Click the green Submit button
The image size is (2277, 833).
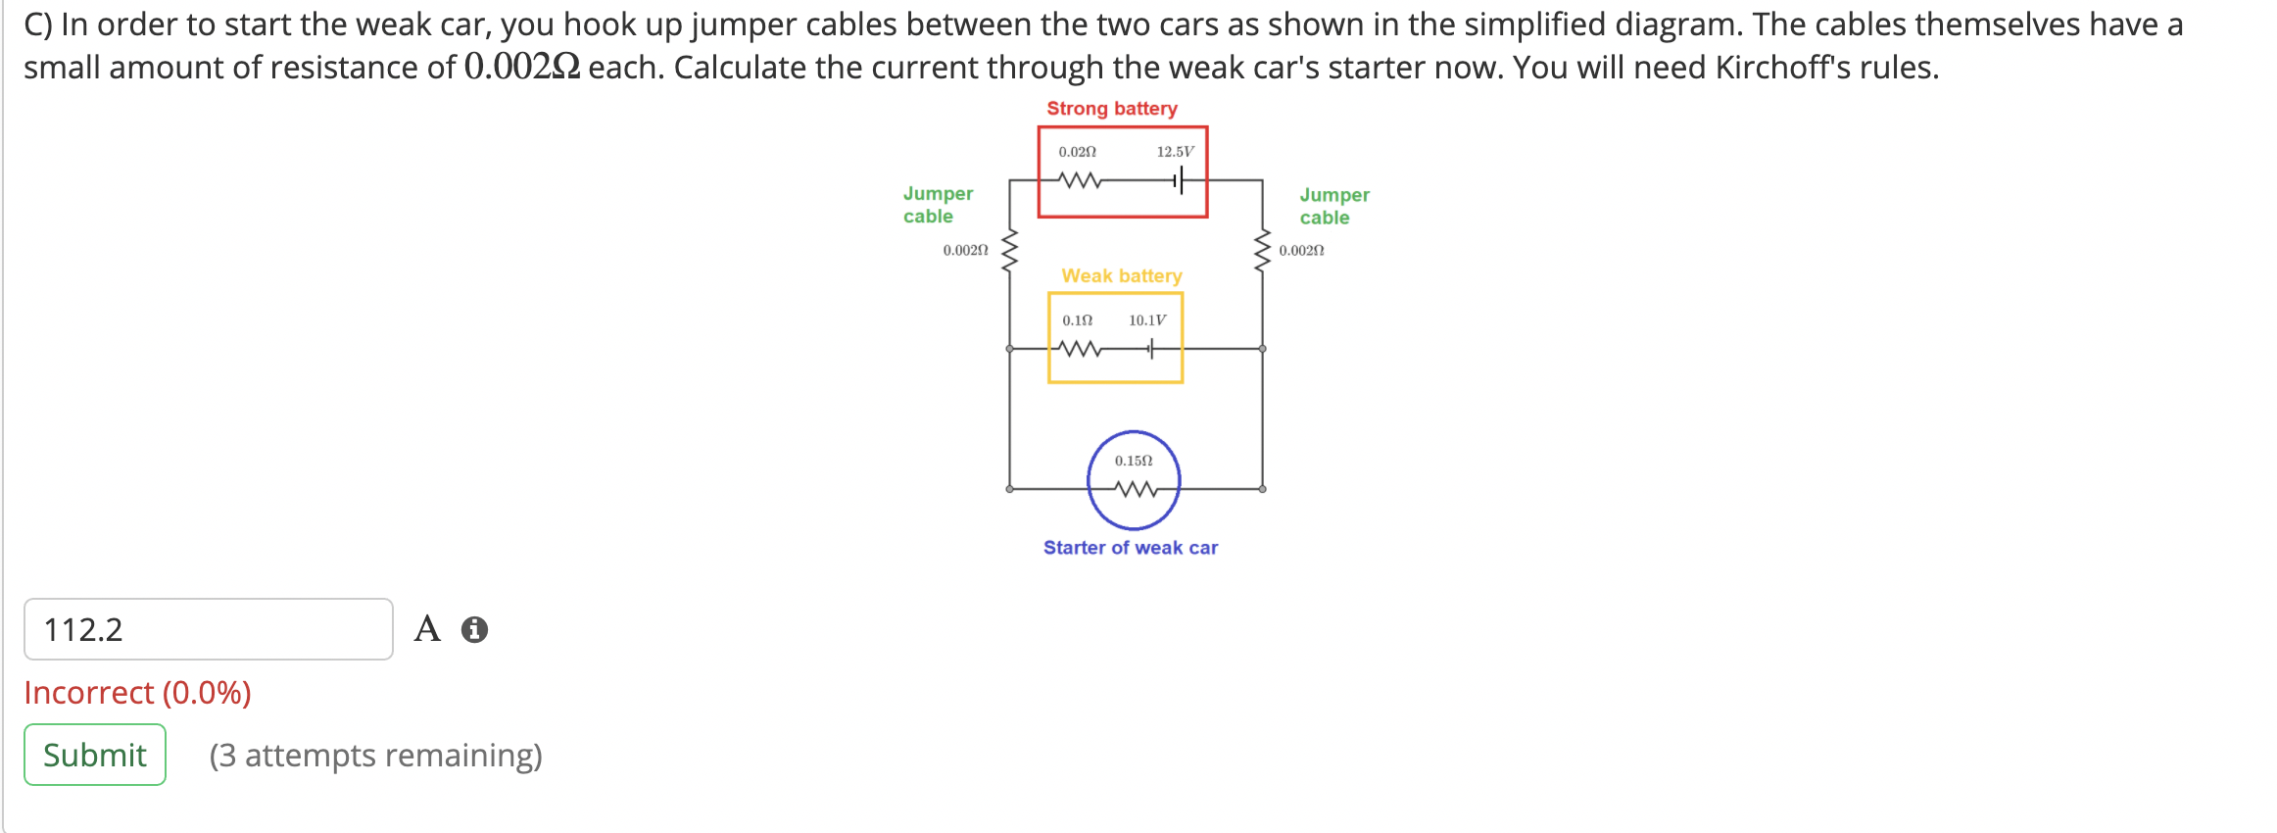[x=95, y=755]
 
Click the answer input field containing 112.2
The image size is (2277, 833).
[x=208, y=629]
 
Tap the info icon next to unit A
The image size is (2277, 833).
[x=474, y=629]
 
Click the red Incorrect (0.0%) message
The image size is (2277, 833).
[x=137, y=693]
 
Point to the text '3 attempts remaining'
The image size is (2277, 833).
[x=375, y=756]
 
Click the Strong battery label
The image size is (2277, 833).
[x=1111, y=109]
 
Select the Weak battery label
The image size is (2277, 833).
[x=1121, y=275]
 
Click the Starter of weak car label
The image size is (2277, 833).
[x=1130, y=548]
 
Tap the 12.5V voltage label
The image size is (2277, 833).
[x=1175, y=152]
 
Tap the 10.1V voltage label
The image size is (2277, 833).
[x=1146, y=320]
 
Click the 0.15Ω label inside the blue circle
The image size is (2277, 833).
[x=1133, y=461]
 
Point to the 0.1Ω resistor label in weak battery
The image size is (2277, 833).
[x=1077, y=320]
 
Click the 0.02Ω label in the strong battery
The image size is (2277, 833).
[x=1077, y=152]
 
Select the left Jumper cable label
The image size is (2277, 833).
[x=937, y=205]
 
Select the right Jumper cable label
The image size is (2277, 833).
[x=1333, y=206]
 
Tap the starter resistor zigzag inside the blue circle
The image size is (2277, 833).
[x=1135, y=488]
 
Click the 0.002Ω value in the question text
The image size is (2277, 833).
[x=521, y=67]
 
